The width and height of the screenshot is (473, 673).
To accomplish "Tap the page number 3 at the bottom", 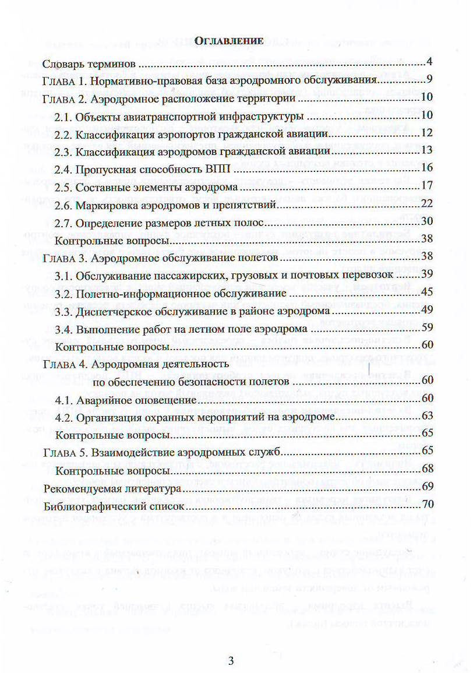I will click(x=231, y=660).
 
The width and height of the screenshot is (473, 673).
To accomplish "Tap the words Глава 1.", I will click(x=65, y=80).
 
